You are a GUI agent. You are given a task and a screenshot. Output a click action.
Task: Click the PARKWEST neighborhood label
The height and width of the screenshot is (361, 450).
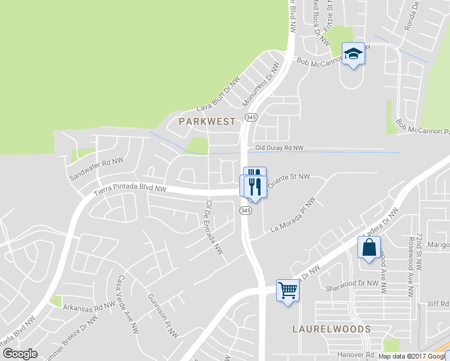(207, 122)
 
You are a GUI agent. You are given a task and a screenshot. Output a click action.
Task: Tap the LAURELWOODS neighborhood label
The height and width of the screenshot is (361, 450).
(331, 329)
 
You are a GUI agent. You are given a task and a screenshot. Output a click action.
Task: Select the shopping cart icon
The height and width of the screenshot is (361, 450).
(288, 291)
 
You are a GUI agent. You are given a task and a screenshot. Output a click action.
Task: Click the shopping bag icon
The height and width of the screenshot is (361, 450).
(369, 247)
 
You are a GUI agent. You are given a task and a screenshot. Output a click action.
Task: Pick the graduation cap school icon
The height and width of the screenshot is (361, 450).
(354, 54)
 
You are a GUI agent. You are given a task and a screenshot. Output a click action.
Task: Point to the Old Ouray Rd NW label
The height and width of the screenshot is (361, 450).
(280, 147)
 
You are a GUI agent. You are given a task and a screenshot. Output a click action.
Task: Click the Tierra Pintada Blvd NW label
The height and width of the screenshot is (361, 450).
(130, 190)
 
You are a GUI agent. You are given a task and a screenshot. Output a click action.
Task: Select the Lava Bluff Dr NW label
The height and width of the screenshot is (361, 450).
(218, 94)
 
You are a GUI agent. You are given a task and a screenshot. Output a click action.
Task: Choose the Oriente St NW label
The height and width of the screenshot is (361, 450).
(288, 179)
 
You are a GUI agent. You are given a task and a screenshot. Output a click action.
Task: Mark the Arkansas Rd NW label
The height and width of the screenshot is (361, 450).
(89, 307)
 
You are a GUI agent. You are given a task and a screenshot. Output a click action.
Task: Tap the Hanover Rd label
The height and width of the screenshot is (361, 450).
(351, 356)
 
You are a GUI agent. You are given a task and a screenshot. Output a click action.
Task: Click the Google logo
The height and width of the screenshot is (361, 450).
(20, 354)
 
